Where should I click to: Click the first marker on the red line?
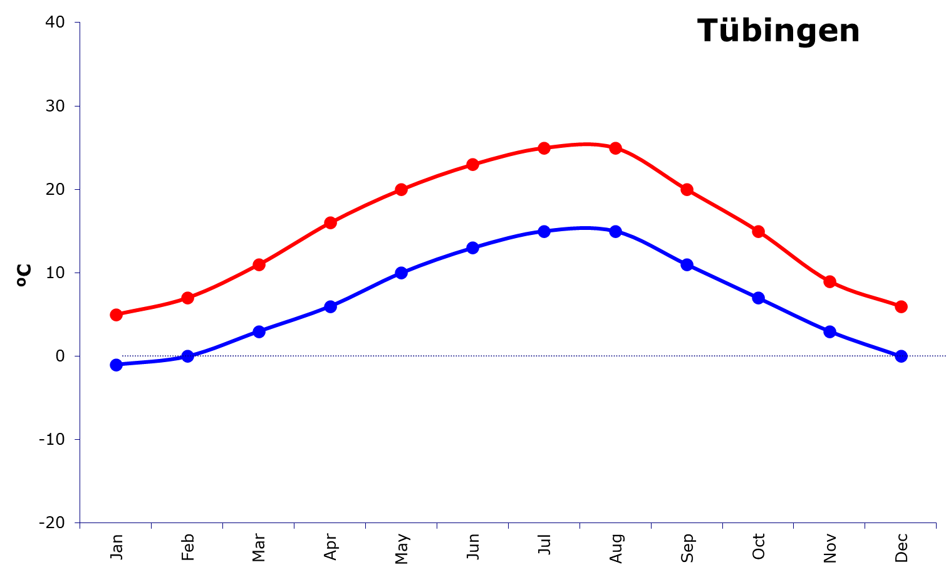click(x=116, y=314)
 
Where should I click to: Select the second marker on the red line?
click(x=187, y=298)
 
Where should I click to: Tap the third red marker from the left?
click(x=259, y=264)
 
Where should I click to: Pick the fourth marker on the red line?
click(x=330, y=222)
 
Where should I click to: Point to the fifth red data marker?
click(x=402, y=189)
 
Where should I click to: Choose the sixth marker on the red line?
click(x=473, y=165)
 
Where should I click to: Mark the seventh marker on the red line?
click(x=544, y=148)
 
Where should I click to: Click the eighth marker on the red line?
click(x=616, y=148)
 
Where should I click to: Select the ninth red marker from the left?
click(x=687, y=189)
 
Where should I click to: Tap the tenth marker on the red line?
click(x=759, y=232)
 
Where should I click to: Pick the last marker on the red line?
click(x=902, y=306)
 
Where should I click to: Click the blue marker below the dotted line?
click(x=116, y=365)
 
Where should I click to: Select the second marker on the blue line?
click(x=187, y=356)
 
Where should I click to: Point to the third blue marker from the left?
click(x=259, y=331)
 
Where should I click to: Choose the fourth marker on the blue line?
click(x=330, y=306)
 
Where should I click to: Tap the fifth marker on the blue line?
click(x=402, y=273)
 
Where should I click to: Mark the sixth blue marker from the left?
click(x=473, y=247)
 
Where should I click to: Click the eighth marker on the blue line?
click(x=616, y=231)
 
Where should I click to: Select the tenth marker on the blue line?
click(x=759, y=298)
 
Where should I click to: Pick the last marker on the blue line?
click(x=902, y=356)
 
